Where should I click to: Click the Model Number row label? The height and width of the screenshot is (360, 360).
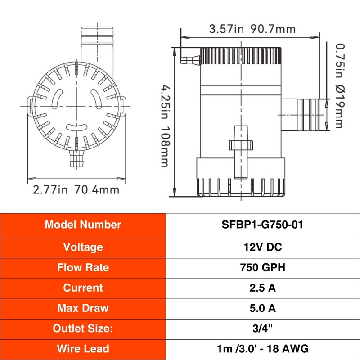(83, 225)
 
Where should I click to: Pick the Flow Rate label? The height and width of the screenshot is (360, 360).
(83, 267)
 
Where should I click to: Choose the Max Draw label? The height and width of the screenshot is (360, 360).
(83, 308)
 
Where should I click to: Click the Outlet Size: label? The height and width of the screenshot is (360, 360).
(83, 328)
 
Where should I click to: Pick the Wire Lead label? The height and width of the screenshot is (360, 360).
(83, 349)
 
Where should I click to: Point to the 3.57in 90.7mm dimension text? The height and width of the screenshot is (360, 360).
(252, 29)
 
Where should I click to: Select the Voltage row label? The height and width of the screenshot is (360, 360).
(83, 247)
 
